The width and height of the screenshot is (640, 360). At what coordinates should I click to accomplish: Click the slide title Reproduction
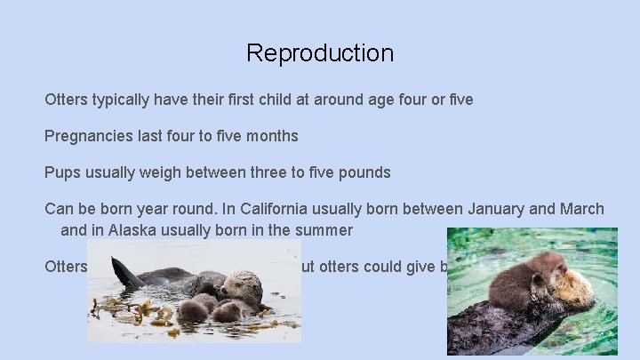click(x=320, y=53)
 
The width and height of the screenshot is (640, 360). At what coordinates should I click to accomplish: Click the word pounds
click(x=366, y=172)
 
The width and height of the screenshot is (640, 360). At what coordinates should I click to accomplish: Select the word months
click(x=270, y=137)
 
